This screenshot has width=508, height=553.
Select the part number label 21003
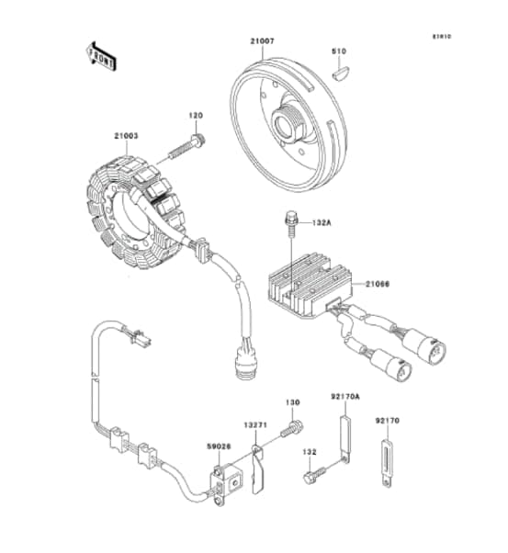pos(126,136)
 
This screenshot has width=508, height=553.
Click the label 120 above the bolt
pos(196,116)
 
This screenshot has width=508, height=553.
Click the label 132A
pos(321,221)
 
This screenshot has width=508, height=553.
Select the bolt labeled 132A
pos(289,221)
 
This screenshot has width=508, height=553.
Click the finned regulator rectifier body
pos(303,285)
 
